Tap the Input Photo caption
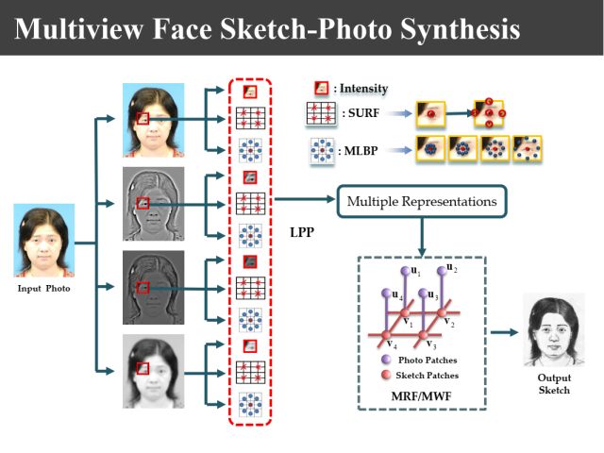(43, 287)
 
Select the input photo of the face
(43, 242)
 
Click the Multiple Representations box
(422, 201)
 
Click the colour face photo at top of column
(153, 119)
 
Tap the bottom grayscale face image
(153, 370)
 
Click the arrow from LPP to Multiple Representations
(305, 200)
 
